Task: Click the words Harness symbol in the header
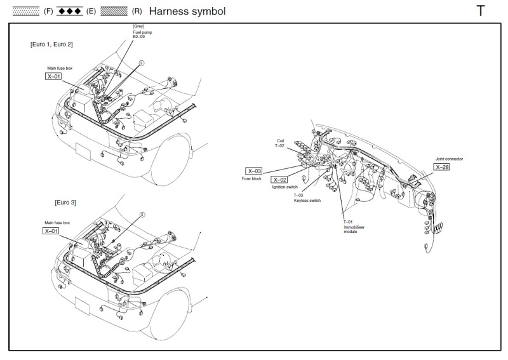point(187,11)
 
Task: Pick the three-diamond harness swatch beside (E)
point(70,11)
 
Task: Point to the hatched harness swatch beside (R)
point(114,11)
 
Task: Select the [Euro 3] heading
point(65,202)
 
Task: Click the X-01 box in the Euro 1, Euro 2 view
point(53,76)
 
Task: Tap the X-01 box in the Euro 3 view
point(51,231)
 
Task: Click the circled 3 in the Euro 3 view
point(142,215)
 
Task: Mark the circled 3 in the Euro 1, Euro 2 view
point(142,63)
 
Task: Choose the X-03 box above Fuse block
point(253,171)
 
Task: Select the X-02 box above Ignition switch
point(279,180)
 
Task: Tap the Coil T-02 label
point(281,143)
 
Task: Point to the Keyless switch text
point(307,200)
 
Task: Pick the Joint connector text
point(449,159)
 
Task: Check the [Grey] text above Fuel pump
point(137,26)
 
